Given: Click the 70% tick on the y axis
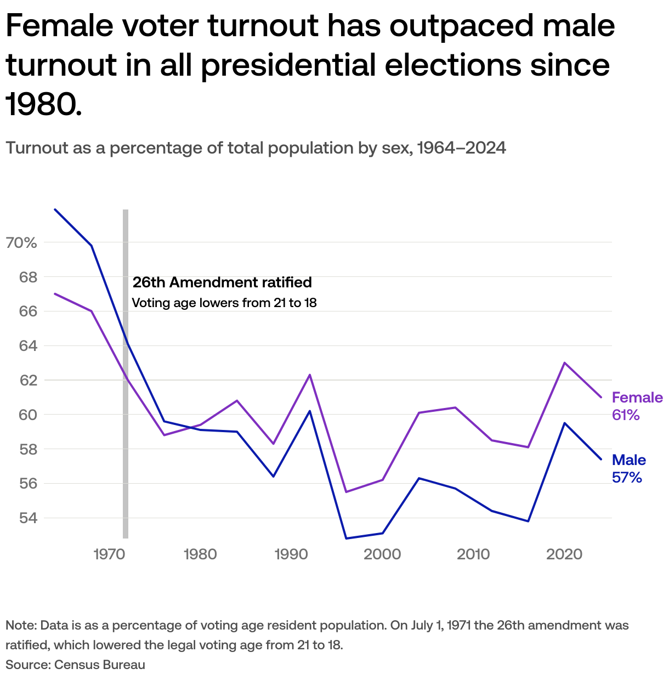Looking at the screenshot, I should click(21, 242).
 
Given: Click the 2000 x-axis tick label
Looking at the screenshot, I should click(382, 554).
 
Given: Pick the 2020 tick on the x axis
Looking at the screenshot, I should click(564, 554).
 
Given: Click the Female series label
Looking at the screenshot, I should click(637, 398).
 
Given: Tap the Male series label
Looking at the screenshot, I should click(629, 460).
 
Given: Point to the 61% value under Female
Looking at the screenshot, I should click(626, 415).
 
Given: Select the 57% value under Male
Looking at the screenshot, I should click(627, 478).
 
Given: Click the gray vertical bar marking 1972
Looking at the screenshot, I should click(126, 439).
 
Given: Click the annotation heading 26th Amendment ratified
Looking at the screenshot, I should click(222, 282).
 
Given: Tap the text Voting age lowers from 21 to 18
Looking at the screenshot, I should click(224, 303).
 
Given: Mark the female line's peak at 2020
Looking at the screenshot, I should click(564, 363).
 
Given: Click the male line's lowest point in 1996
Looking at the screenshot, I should click(346, 539).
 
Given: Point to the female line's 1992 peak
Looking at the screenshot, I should click(310, 375).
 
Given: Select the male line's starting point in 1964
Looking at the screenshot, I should click(55, 209).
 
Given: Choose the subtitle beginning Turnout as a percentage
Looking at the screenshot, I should click(256, 148).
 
